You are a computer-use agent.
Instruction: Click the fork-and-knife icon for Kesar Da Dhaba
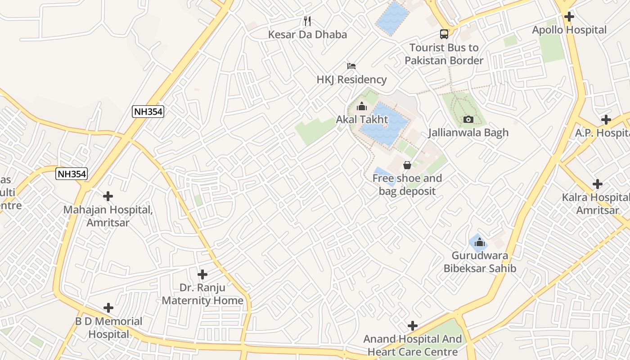(307, 21)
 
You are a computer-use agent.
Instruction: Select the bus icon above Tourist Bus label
(444, 34)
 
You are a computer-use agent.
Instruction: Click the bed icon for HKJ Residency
(351, 66)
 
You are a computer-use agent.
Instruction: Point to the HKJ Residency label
(351, 80)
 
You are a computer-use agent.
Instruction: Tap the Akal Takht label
(362, 120)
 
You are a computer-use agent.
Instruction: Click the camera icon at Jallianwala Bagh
(468, 119)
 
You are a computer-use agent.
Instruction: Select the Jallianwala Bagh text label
(468, 133)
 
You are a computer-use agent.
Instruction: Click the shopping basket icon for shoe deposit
(407, 165)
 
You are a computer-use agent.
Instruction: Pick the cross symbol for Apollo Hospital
(569, 17)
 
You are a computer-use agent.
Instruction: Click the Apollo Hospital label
(569, 30)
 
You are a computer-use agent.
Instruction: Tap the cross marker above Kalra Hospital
(598, 184)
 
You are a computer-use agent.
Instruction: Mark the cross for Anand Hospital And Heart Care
(413, 326)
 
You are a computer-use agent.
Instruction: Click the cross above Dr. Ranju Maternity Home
(202, 274)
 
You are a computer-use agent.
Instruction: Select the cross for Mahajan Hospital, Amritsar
(108, 196)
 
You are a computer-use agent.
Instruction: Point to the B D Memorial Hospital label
(108, 328)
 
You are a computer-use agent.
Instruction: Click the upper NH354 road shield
(148, 112)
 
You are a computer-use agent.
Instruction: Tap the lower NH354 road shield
(72, 174)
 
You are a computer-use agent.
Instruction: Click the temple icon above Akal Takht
(362, 107)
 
